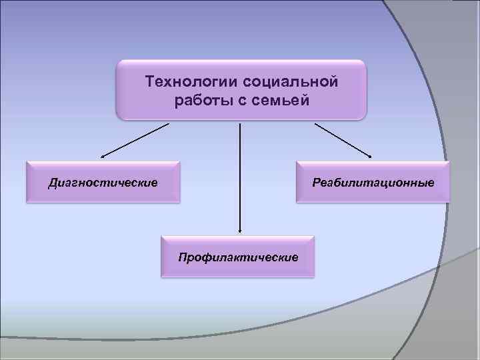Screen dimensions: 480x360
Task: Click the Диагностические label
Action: (x=103, y=182)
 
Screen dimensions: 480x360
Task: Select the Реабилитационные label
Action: (x=373, y=182)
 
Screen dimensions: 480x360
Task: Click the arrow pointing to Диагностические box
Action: (x=133, y=140)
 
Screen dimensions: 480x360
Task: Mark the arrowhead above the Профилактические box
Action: (x=240, y=231)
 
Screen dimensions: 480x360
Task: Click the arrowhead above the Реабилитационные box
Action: (x=369, y=157)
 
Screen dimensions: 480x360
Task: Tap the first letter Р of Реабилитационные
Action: (x=316, y=182)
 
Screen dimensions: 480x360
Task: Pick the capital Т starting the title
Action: (x=150, y=82)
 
